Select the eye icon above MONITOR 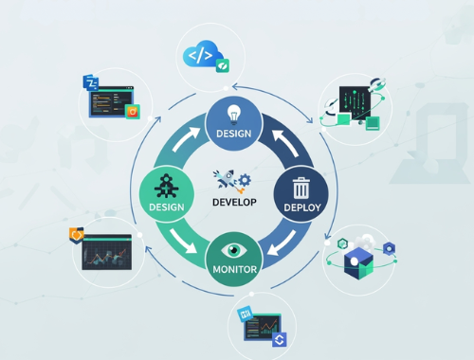(x=234, y=252)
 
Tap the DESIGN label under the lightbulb (x=233, y=134)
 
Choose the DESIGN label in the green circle (x=165, y=206)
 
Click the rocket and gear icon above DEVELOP (x=232, y=178)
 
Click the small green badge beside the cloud (x=223, y=66)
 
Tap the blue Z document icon (x=91, y=83)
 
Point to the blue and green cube (x=360, y=262)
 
